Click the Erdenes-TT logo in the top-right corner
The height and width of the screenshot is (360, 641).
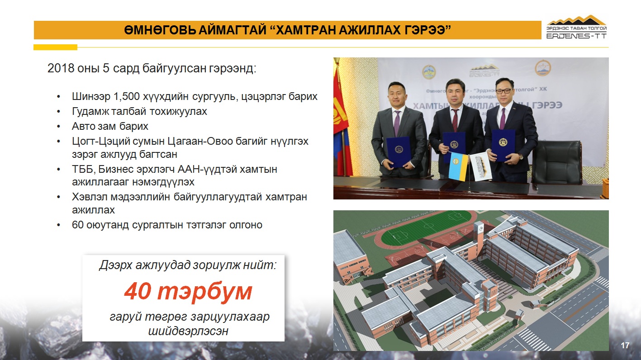pyautogui.click(x=576, y=27)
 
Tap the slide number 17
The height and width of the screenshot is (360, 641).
pyautogui.click(x=625, y=346)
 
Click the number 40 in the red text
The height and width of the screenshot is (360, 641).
pyautogui.click(x=138, y=291)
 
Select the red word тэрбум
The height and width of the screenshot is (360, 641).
pyautogui.click(x=204, y=292)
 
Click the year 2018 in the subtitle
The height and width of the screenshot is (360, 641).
pyautogui.click(x=61, y=68)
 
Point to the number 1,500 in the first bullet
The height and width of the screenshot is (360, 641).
pyautogui.click(x=127, y=97)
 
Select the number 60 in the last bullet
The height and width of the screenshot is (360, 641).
pyautogui.click(x=77, y=225)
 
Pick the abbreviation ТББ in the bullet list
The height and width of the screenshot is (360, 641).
pyautogui.click(x=82, y=170)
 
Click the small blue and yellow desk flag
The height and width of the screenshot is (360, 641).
pyautogui.click(x=458, y=166)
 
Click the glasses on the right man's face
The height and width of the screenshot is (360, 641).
pyautogui.click(x=503, y=91)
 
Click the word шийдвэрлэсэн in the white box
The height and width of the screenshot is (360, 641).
pyautogui.click(x=188, y=331)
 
